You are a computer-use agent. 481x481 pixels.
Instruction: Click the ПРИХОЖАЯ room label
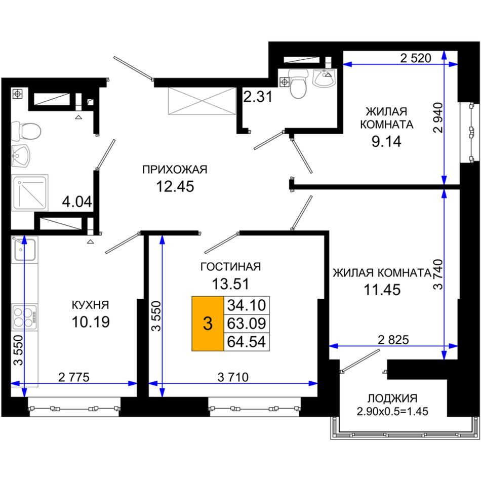point(175,170)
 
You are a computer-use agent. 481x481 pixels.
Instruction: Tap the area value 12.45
point(175,186)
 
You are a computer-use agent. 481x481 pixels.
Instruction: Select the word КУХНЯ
point(90,305)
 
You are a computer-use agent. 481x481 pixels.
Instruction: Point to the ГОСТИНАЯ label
point(230,267)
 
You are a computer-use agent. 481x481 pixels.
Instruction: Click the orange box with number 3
point(208,324)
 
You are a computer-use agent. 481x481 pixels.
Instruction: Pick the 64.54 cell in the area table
point(247,342)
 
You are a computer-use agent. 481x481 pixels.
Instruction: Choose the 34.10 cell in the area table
point(247,305)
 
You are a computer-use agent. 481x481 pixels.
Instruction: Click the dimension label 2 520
point(416,58)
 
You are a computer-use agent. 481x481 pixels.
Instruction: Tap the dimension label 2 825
point(393,340)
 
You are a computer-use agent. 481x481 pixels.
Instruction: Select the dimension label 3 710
point(233,377)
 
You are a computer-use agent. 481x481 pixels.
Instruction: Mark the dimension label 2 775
point(73,377)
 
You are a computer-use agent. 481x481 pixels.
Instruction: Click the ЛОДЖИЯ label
point(392,398)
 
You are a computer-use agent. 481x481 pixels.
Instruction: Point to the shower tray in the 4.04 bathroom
point(30,192)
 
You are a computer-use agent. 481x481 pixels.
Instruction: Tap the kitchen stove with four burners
point(24,317)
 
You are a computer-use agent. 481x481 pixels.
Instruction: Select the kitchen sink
point(24,250)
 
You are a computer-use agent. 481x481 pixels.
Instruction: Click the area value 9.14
point(386,142)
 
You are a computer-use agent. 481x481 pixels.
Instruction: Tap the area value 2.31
point(258,97)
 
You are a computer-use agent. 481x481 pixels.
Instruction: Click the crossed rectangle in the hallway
point(202,101)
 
